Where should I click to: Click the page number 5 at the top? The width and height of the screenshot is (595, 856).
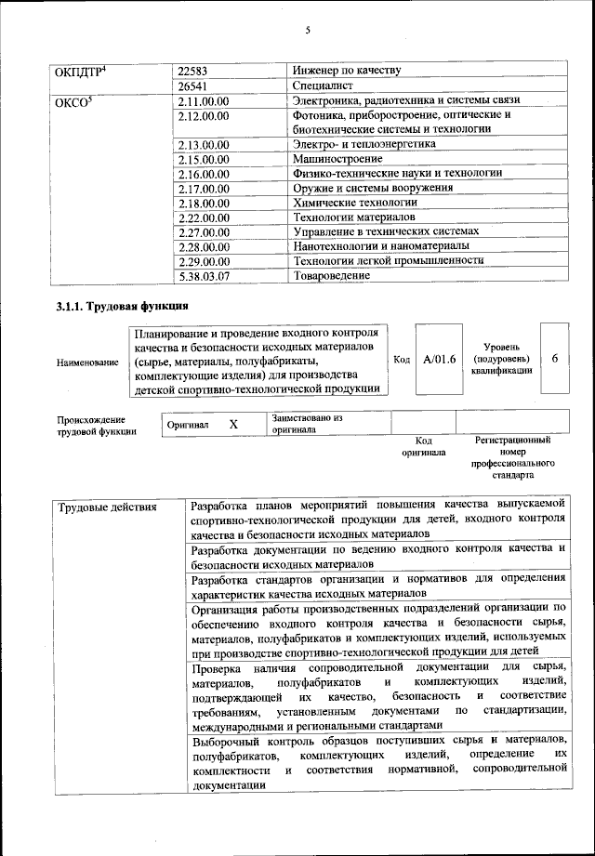[306, 31]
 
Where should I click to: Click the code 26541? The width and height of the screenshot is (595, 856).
[194, 85]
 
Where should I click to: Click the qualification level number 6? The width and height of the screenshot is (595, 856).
[554, 359]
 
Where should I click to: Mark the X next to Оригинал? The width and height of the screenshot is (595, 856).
[233, 424]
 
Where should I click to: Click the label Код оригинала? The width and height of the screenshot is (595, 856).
[423, 446]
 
